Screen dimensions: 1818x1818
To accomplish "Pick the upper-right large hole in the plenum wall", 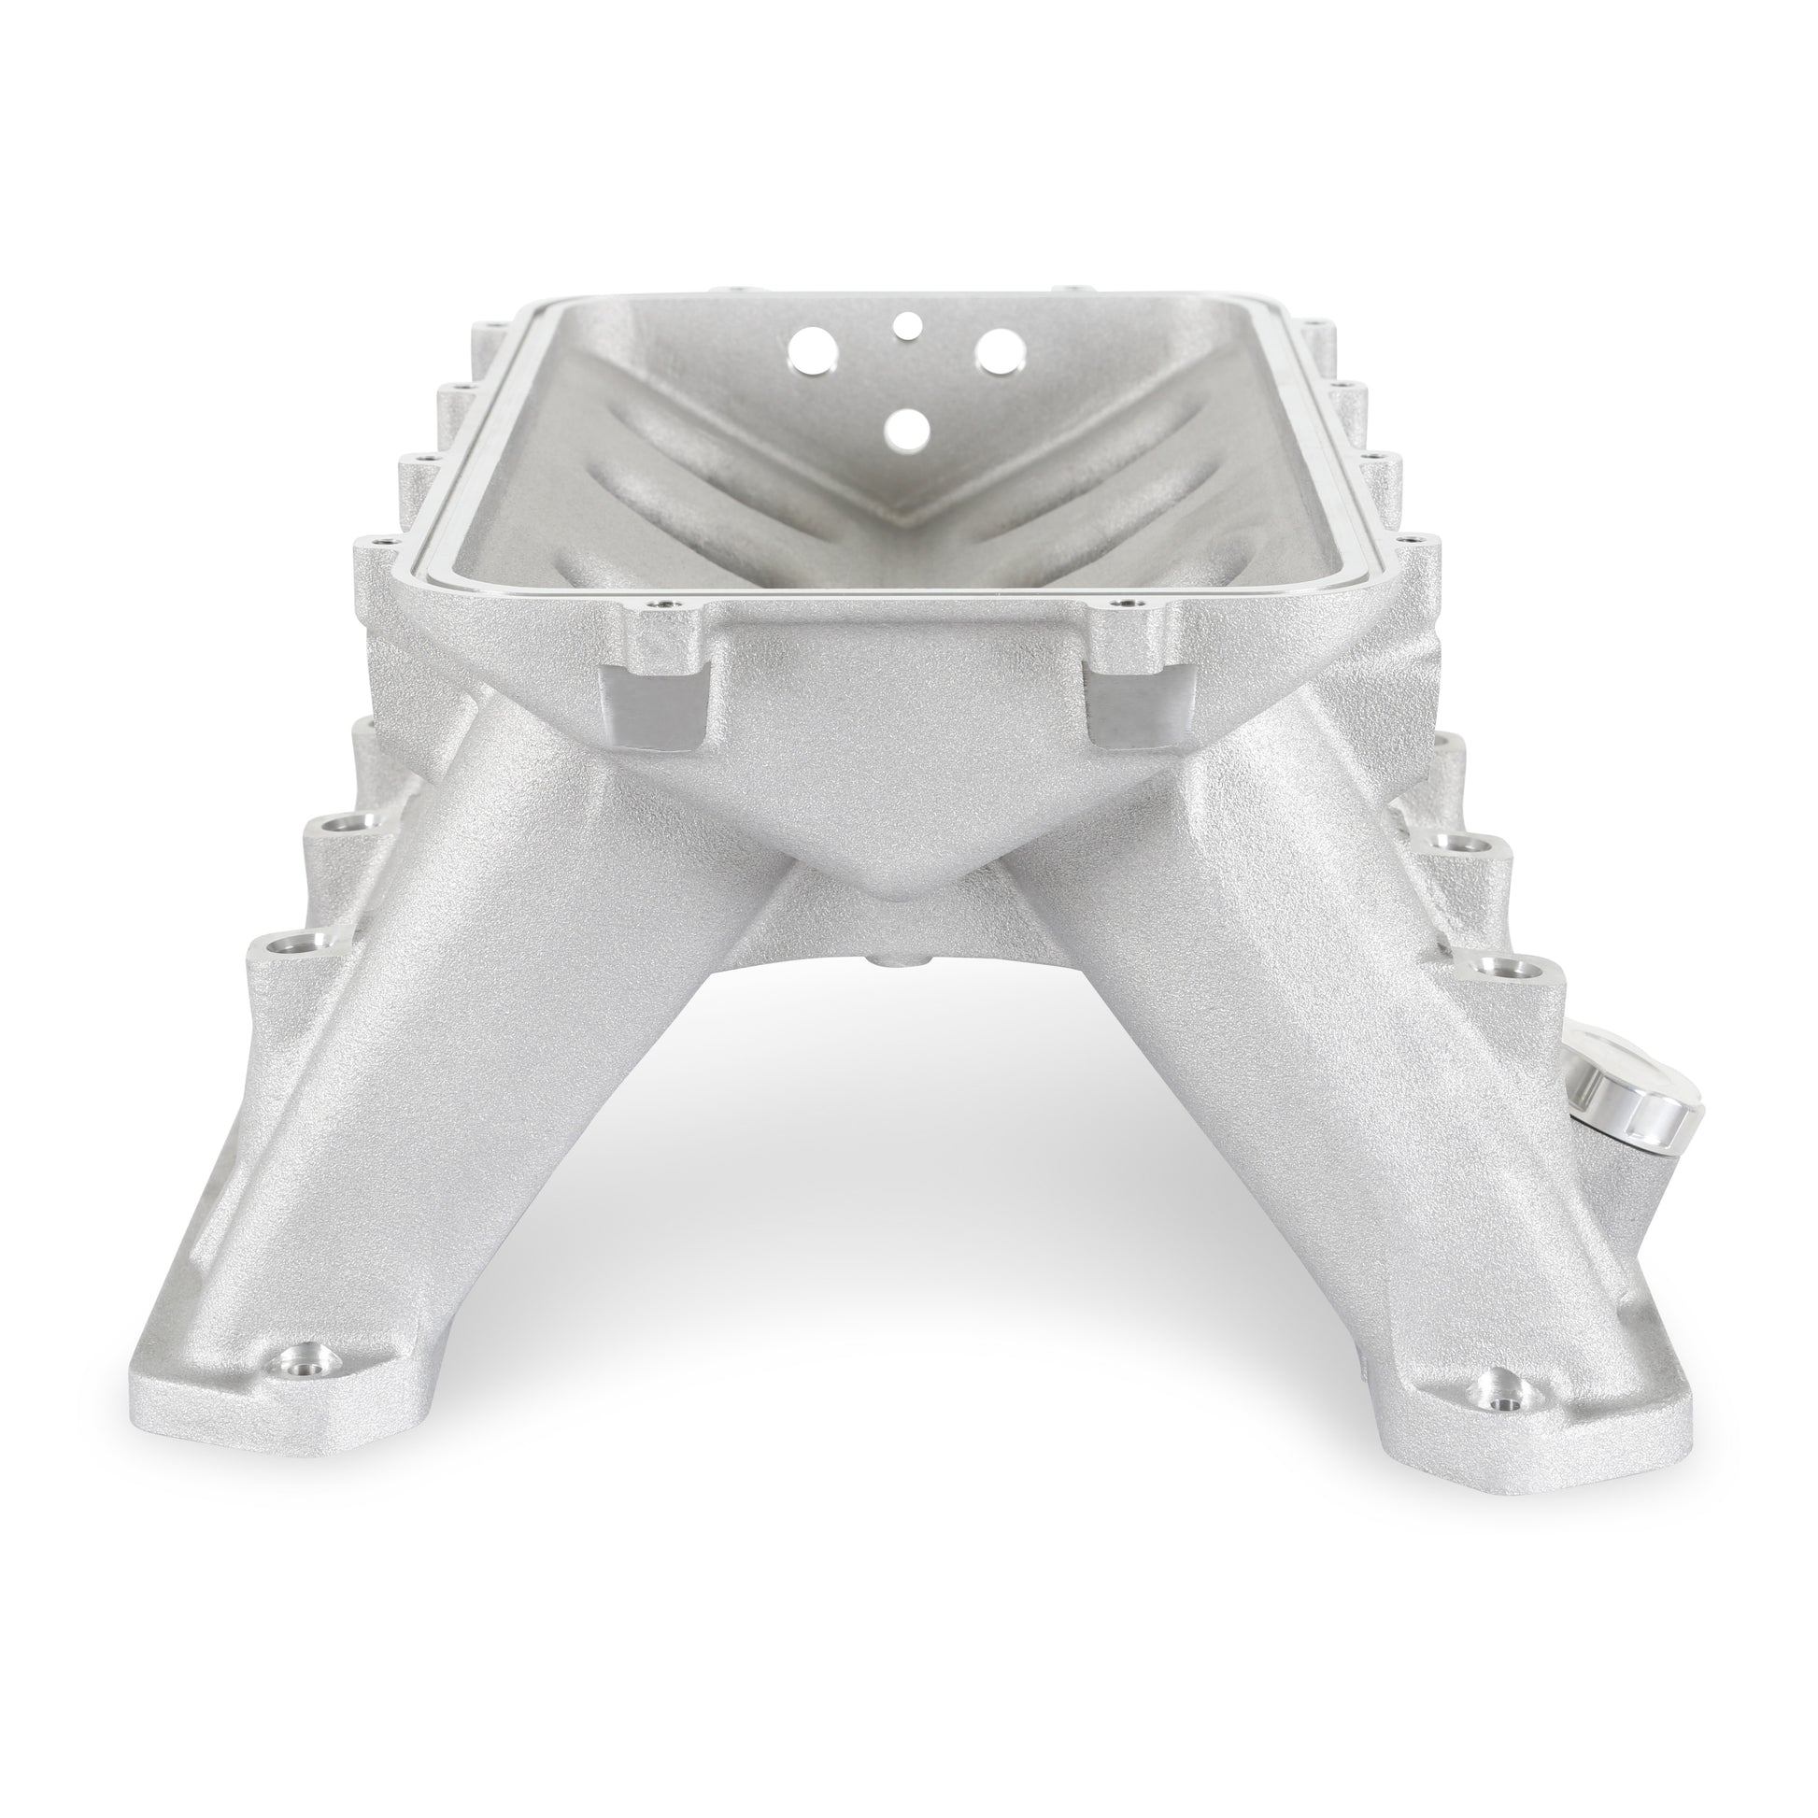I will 999,351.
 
